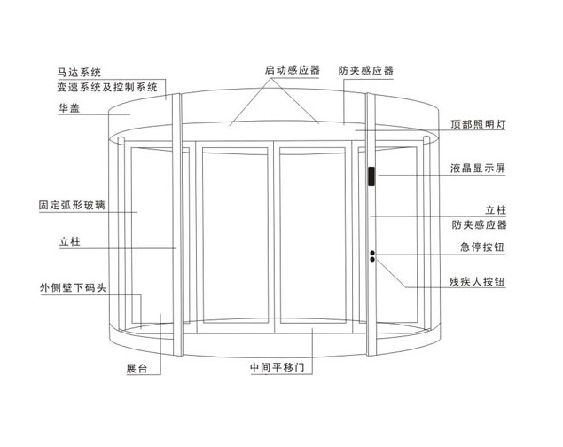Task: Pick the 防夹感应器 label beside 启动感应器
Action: click(x=365, y=69)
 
